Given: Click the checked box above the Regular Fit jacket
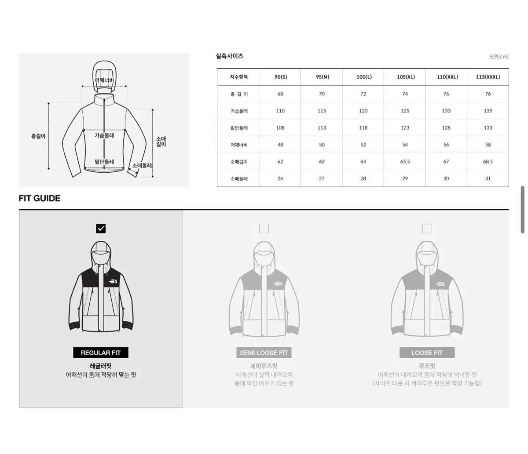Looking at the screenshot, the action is click(x=101, y=229).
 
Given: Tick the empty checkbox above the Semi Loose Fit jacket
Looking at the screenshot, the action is click(x=264, y=229).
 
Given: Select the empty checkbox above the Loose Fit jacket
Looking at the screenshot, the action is click(x=427, y=229).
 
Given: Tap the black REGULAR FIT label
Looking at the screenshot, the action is click(x=101, y=352).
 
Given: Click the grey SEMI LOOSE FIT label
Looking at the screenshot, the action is click(x=264, y=352).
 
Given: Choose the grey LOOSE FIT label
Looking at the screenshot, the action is click(x=427, y=352).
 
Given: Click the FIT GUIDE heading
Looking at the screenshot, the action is click(x=40, y=198).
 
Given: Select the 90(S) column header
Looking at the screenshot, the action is click(x=281, y=77).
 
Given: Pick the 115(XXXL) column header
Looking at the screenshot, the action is click(x=488, y=77).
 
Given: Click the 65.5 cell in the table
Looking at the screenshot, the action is click(x=405, y=162).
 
